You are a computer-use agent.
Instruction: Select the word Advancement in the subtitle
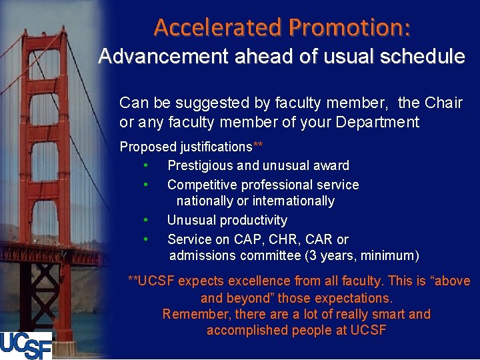pyautogui.click(x=163, y=57)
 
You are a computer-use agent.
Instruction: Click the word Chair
pyautogui.click(x=443, y=103)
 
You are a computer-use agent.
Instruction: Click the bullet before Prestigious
pyautogui.click(x=145, y=165)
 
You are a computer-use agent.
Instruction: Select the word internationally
pyautogui.click(x=295, y=201)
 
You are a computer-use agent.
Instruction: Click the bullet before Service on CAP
pyautogui.click(x=145, y=239)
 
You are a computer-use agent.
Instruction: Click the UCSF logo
pyautogui.click(x=26, y=345)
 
